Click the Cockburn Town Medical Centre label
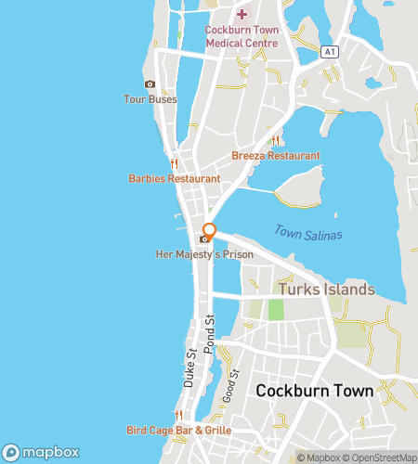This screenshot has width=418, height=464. point(241,36)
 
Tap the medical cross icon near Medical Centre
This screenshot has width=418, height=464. point(242,14)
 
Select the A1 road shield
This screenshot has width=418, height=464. point(328,52)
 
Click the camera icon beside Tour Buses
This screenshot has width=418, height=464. point(150,84)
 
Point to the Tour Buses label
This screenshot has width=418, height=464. point(150,99)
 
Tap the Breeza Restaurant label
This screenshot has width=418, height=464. point(276,156)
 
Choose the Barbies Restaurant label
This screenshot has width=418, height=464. point(175,178)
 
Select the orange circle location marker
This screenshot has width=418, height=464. point(210,230)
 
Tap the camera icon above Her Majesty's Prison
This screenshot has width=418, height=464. point(204,238)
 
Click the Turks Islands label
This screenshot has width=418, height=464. point(327,290)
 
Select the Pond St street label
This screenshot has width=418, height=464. point(210,332)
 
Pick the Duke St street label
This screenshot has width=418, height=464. point(190,367)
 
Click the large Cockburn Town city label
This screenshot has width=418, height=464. point(315,391)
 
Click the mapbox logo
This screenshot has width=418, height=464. point(41,452)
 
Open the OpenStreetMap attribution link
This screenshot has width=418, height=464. point(380,458)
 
